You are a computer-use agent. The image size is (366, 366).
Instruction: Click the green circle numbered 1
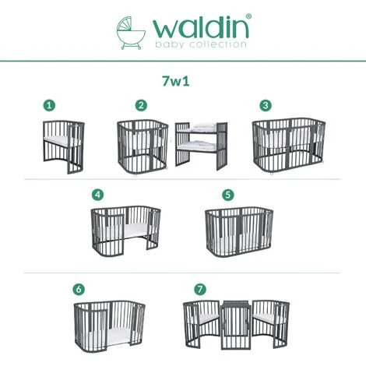point(50,104)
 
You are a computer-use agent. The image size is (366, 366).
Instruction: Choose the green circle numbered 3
point(266,104)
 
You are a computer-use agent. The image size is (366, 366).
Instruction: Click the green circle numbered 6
point(79,288)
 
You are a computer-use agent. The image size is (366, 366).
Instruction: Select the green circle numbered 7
point(202,288)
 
